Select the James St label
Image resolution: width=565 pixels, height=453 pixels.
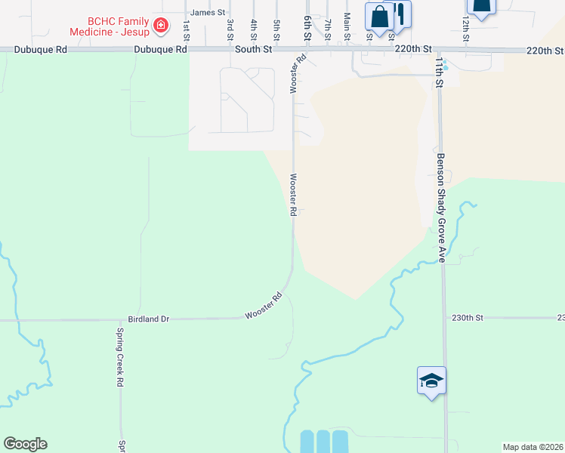(208, 13)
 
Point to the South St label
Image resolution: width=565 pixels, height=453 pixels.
(252, 50)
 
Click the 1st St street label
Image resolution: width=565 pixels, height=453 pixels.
(185, 30)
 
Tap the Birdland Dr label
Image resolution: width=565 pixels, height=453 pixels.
(148, 319)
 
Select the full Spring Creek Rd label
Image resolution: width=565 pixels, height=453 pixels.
(119, 357)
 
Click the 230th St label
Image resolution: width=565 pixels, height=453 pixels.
(467, 318)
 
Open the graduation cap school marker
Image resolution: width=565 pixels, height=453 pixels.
(431, 381)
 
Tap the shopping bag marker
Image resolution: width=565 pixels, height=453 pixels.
(379, 17)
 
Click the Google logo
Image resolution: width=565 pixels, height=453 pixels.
(25, 444)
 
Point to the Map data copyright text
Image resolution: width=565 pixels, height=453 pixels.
(533, 447)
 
